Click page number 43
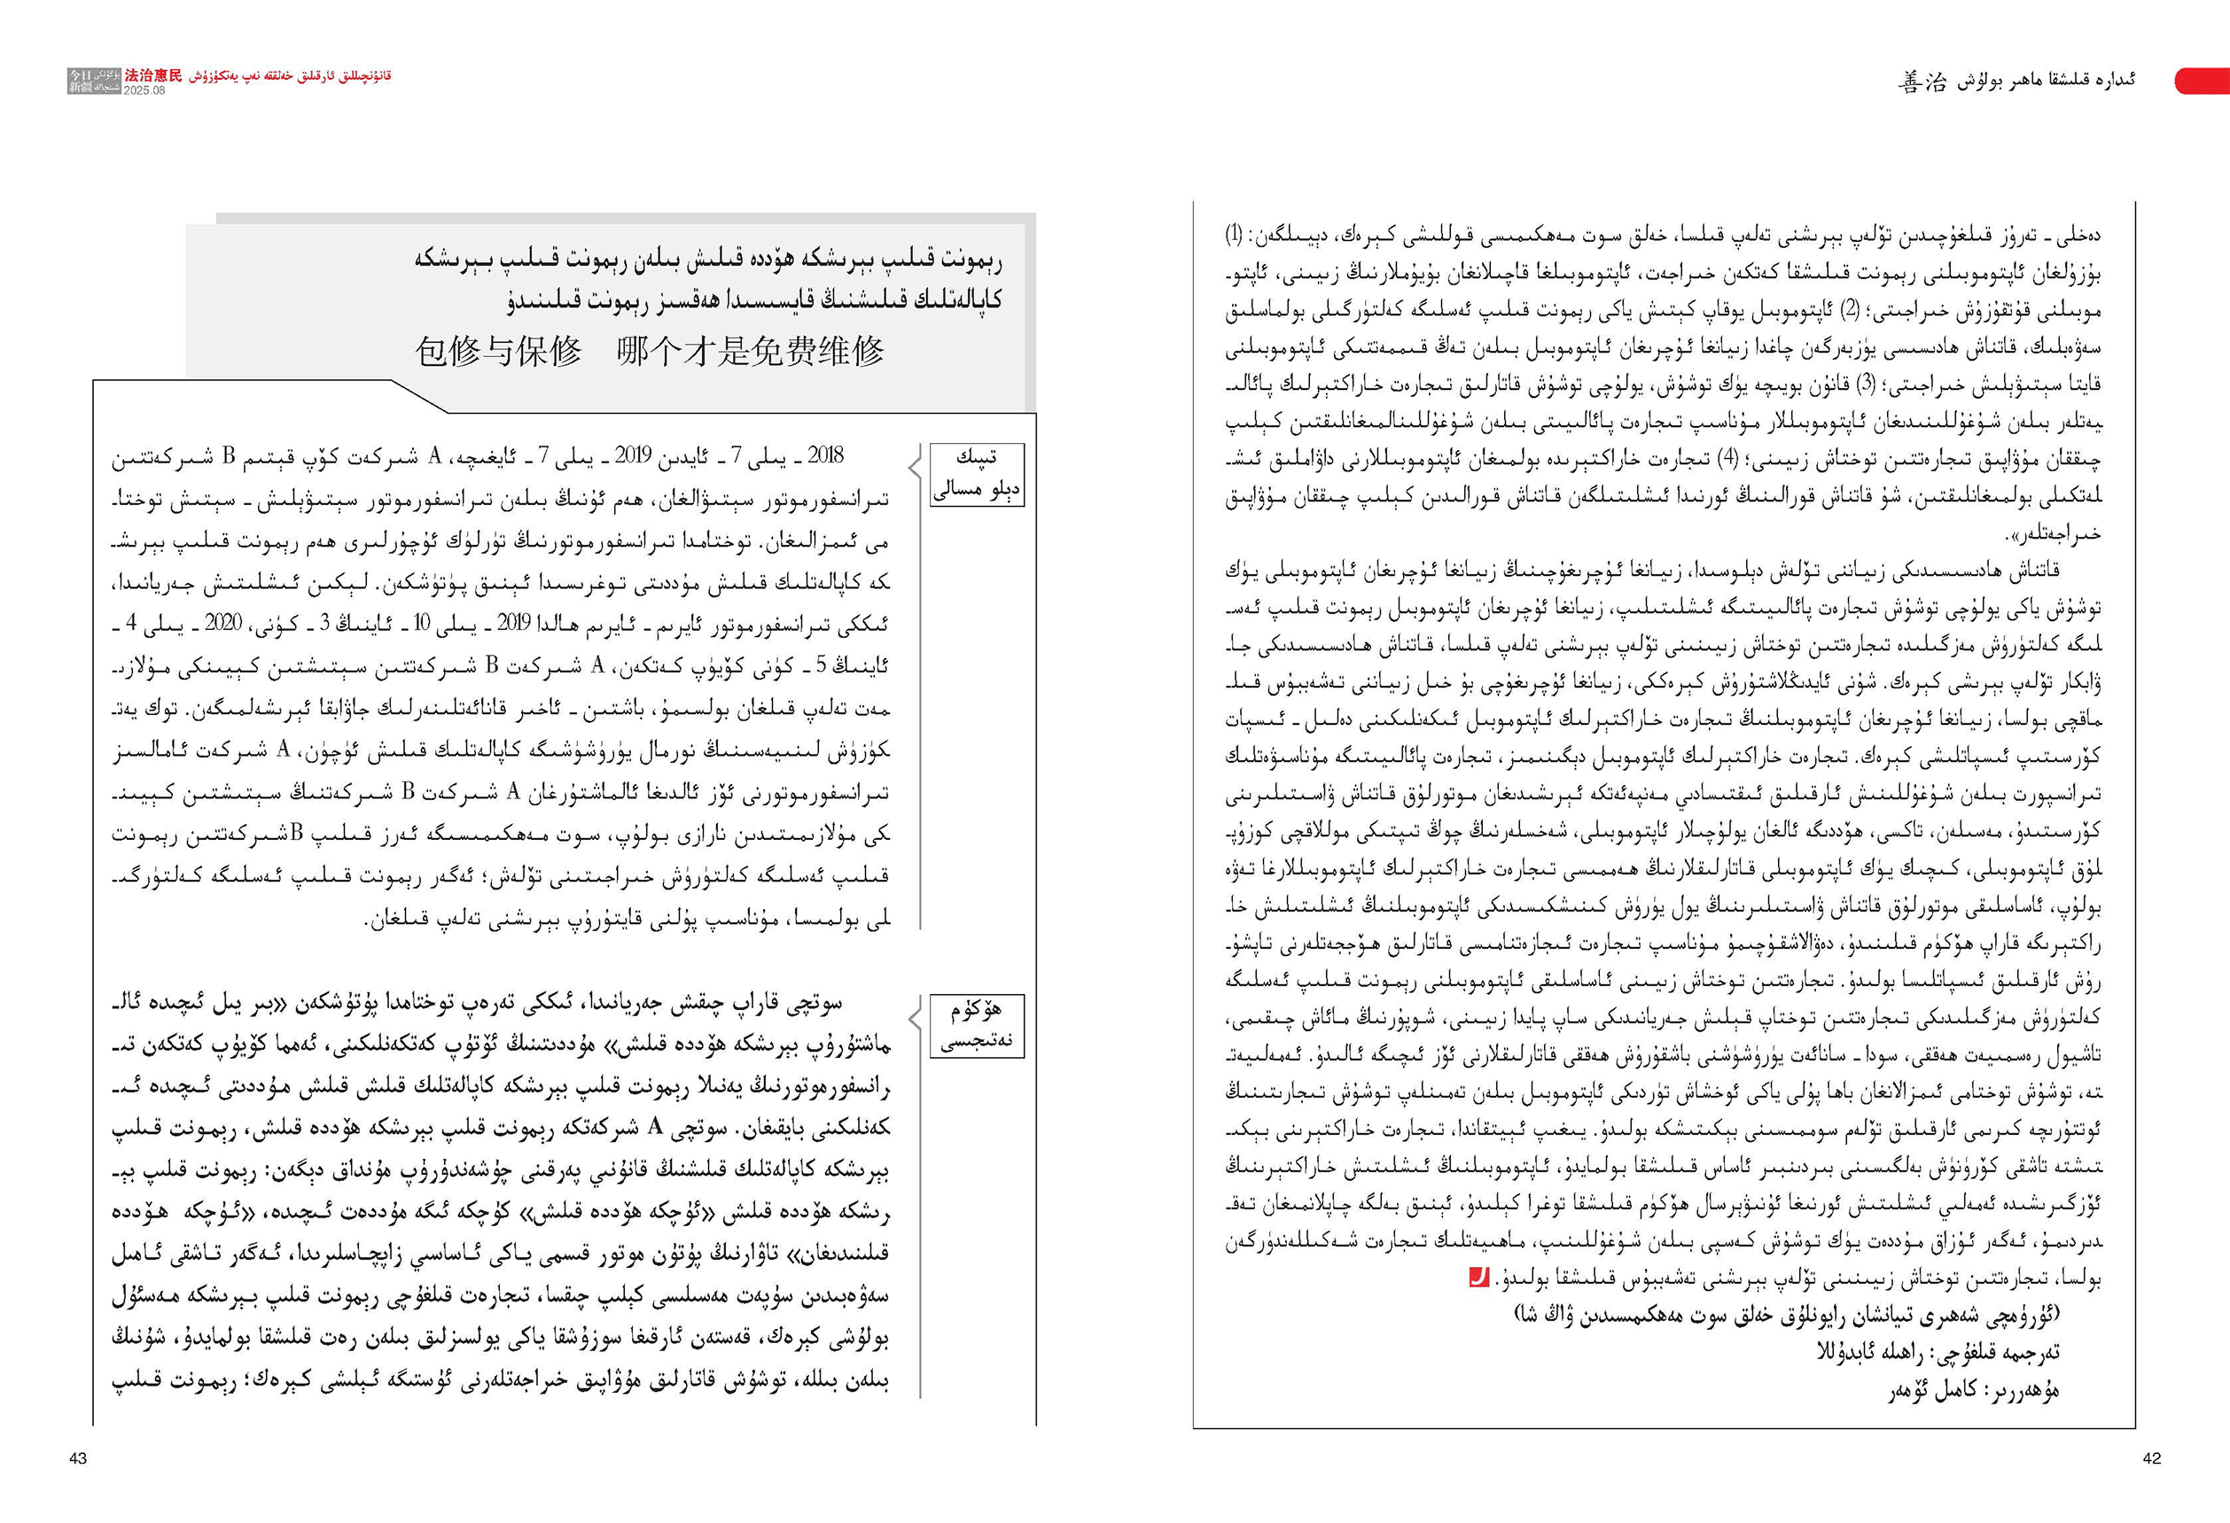tap(78, 1457)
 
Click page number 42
tap(2151, 1457)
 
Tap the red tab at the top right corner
tap(2202, 81)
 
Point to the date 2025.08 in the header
tap(144, 90)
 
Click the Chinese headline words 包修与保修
tap(498, 351)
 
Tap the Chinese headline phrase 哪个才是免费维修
tap(751, 351)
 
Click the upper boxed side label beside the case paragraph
tap(977, 474)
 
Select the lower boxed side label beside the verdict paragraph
tap(977, 1025)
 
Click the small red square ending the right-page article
tap(1478, 1277)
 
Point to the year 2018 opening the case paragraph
tap(825, 455)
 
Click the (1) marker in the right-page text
tap(1234, 234)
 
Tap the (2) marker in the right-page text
tap(1847, 310)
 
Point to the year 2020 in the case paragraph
tap(222, 623)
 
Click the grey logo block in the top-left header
tap(94, 81)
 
